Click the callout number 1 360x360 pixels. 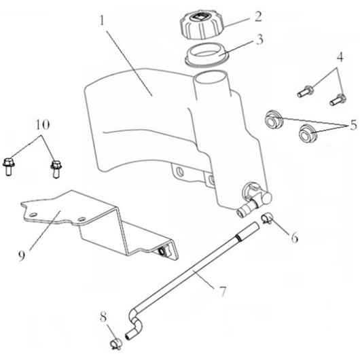coord(103,20)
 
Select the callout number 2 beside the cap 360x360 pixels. coord(258,16)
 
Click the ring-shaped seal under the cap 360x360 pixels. coord(206,55)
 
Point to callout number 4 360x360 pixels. coord(340,56)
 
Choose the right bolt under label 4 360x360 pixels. coord(338,100)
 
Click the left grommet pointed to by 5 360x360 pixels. coord(273,119)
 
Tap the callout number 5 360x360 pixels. coord(354,126)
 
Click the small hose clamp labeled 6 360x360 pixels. coord(267,218)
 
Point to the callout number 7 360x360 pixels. coord(223,291)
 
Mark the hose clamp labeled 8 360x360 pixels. coord(116,344)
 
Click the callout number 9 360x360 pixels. coord(21,255)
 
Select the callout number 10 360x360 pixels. coord(43,125)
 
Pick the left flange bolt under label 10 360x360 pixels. coord(9,166)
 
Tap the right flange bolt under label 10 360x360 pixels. coord(56,169)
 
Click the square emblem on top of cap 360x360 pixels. coord(200,17)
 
